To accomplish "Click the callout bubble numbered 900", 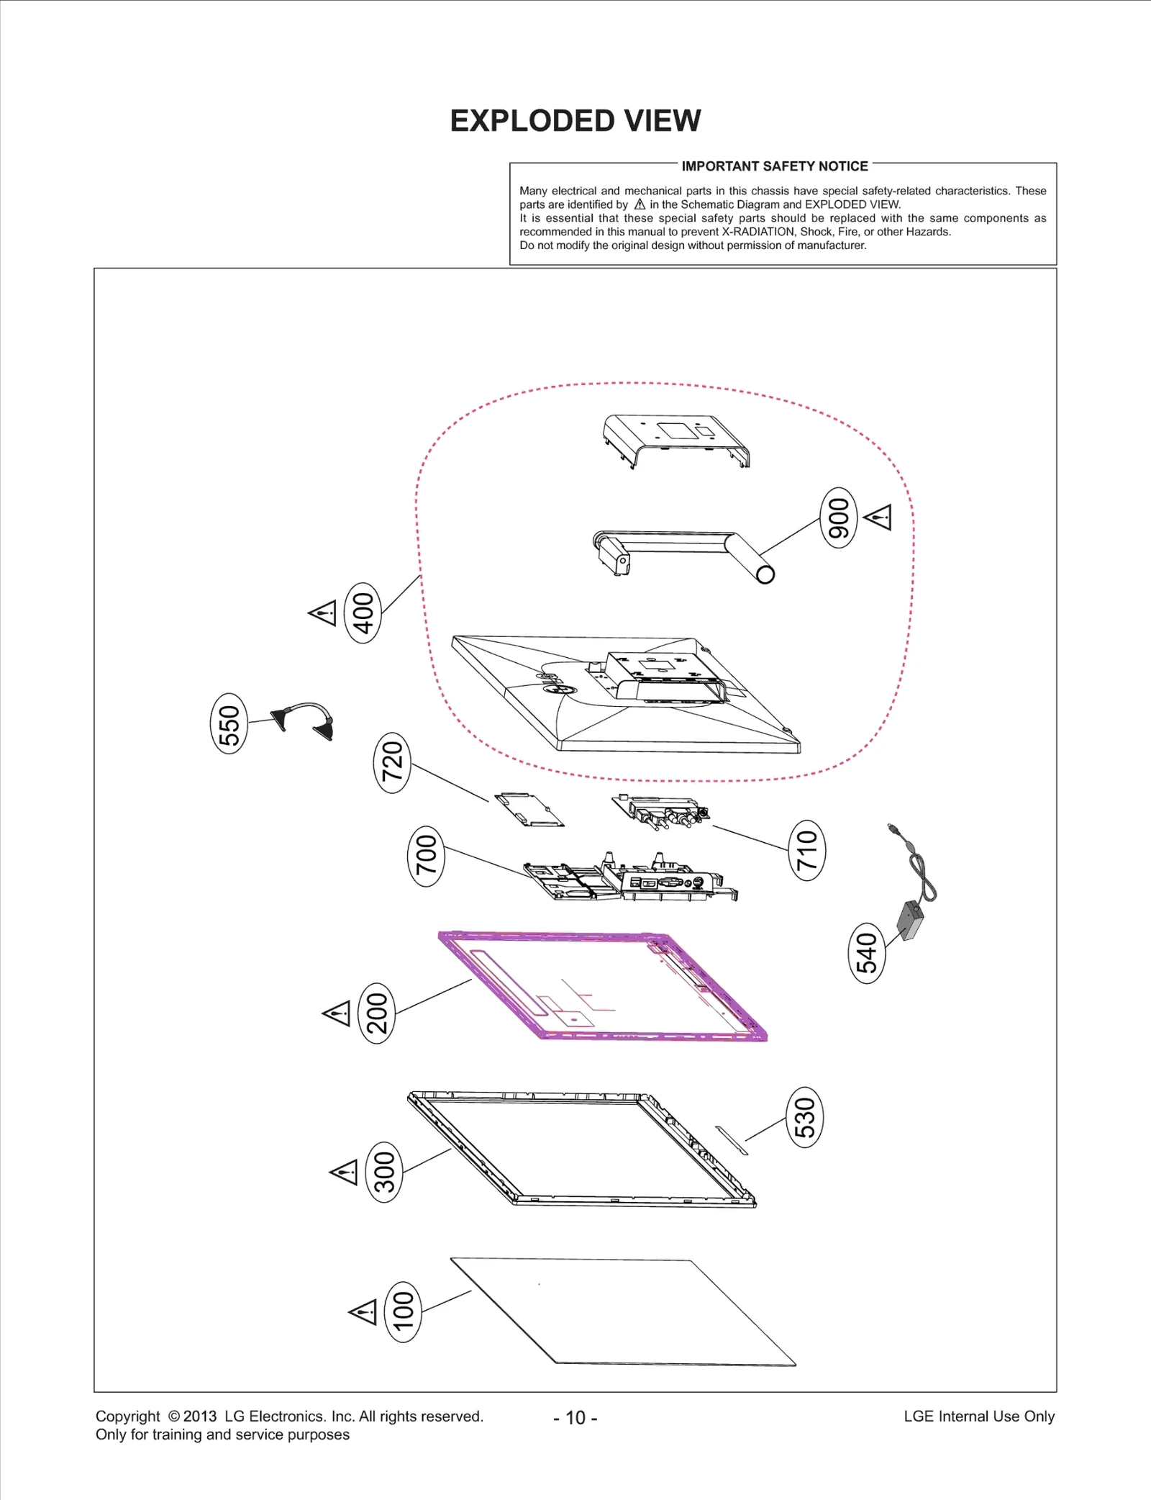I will point(839,518).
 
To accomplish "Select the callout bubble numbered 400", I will point(363,613).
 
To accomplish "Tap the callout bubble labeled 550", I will point(229,723).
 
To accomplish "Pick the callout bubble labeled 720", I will point(392,762).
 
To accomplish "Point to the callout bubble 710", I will point(807,850).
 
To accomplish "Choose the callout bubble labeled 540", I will point(867,953).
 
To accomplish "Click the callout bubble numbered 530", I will point(804,1117).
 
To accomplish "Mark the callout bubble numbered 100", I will point(404,1311).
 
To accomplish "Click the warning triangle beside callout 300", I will point(345,1172).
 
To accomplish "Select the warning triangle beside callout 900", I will point(879,517).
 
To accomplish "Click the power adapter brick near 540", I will point(910,920).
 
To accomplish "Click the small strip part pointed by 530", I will point(732,1140).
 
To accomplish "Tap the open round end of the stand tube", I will point(765,574).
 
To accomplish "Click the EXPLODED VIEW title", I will point(575,121).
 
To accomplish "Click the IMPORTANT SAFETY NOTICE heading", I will point(775,166).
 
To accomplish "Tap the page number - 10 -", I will point(575,1418).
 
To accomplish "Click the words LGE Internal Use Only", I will point(978,1417).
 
